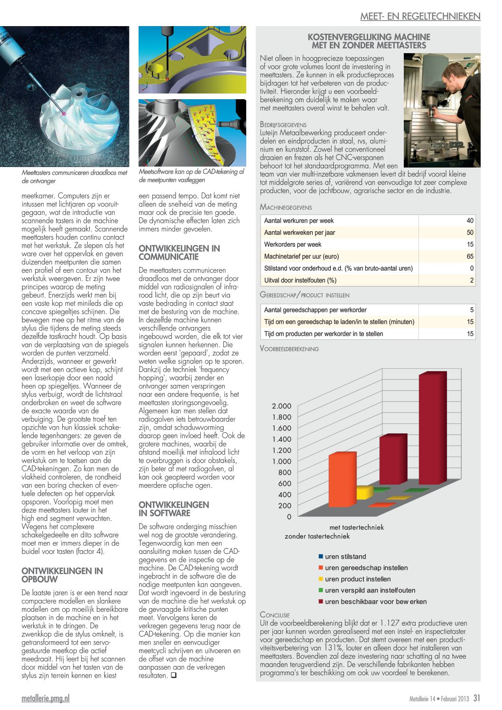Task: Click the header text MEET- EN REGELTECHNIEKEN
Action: (420, 16)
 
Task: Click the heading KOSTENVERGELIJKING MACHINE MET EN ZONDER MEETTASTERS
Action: (369, 41)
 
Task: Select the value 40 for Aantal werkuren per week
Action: (470, 221)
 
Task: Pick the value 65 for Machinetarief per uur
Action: (470, 256)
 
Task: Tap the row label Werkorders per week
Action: (293, 244)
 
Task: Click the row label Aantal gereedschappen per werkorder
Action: (315, 310)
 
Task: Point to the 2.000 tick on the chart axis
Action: (281, 406)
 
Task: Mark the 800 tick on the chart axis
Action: (285, 473)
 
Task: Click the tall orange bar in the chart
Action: (342, 479)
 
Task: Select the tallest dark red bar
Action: (432, 430)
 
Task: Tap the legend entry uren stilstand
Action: (345, 557)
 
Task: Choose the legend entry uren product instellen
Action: (358, 579)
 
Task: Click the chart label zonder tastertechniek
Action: (317, 536)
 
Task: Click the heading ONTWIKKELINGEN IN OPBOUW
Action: (62, 575)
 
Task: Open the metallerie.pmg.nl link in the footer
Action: (46, 698)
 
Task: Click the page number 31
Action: (476, 698)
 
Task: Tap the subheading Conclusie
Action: (275, 615)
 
